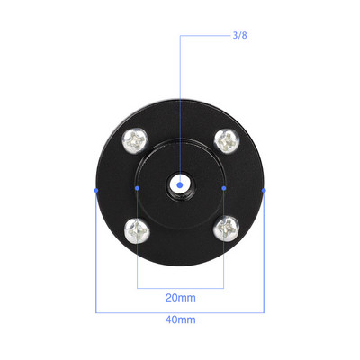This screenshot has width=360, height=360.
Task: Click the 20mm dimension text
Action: pos(180,297)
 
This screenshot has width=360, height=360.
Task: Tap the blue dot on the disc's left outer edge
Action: pos(95,190)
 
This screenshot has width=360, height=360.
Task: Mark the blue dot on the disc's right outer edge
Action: pos(265,190)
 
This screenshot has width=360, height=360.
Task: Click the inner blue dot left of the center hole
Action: pos(137,188)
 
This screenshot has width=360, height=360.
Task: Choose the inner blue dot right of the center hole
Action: pos(223,188)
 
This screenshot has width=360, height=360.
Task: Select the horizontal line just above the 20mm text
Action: pos(180,287)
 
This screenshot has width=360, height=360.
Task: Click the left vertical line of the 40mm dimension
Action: pos(95,261)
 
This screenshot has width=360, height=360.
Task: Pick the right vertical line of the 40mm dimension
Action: pos(265,261)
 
